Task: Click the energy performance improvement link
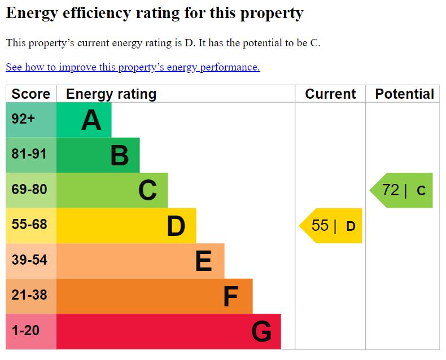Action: pos(133,67)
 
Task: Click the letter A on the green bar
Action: pos(91,120)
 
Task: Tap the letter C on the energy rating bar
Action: pos(147,191)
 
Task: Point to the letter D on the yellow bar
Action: pos(176,226)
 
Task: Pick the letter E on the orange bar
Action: pos(203,261)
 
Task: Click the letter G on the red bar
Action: pos(261,332)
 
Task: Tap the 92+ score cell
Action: pos(23,120)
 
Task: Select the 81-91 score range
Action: pos(29,154)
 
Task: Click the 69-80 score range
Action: pos(29,190)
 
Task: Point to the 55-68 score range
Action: pos(29,225)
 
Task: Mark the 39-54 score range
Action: pos(29,260)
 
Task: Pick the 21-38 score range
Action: pos(29,295)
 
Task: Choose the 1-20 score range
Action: pos(25,331)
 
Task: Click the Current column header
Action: pos(330,94)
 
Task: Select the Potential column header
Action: pos(404,94)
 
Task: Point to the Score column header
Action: pos(30,94)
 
